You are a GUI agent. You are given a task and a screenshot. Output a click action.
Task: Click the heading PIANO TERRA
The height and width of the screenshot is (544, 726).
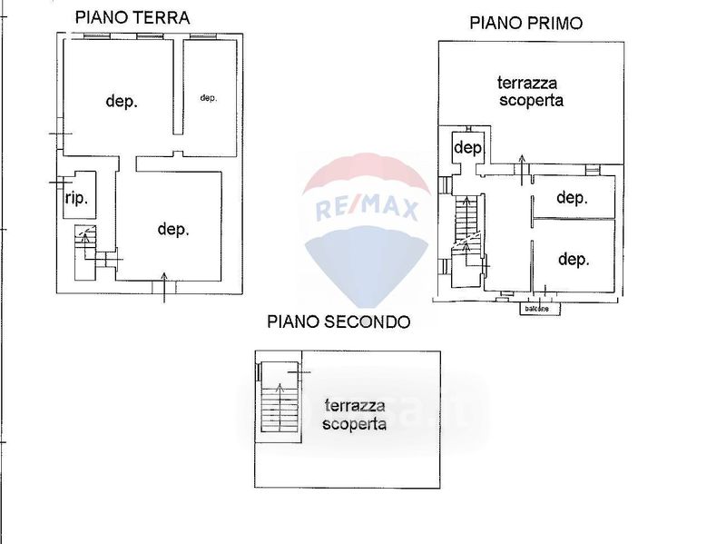coord(132,17)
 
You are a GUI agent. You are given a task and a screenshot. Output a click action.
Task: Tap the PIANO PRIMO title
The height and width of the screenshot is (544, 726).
coord(525,24)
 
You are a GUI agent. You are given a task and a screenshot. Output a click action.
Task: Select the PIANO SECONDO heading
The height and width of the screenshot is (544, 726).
coord(338,321)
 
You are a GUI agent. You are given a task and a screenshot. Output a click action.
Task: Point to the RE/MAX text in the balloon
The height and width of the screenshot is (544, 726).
coord(366,211)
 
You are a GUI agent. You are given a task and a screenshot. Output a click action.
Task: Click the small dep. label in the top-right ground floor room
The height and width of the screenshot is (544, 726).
coord(209,98)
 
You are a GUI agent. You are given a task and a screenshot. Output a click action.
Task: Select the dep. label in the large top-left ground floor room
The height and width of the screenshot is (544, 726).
coord(122,102)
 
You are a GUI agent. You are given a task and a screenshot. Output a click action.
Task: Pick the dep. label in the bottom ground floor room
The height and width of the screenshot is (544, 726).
coord(173,230)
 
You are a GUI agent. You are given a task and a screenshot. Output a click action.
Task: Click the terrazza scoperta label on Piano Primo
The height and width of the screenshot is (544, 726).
coord(531,92)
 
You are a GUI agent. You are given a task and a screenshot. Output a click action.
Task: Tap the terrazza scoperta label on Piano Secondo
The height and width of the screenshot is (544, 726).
coord(354,415)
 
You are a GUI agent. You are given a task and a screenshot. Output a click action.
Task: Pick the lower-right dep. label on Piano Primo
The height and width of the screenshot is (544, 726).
coord(574,260)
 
